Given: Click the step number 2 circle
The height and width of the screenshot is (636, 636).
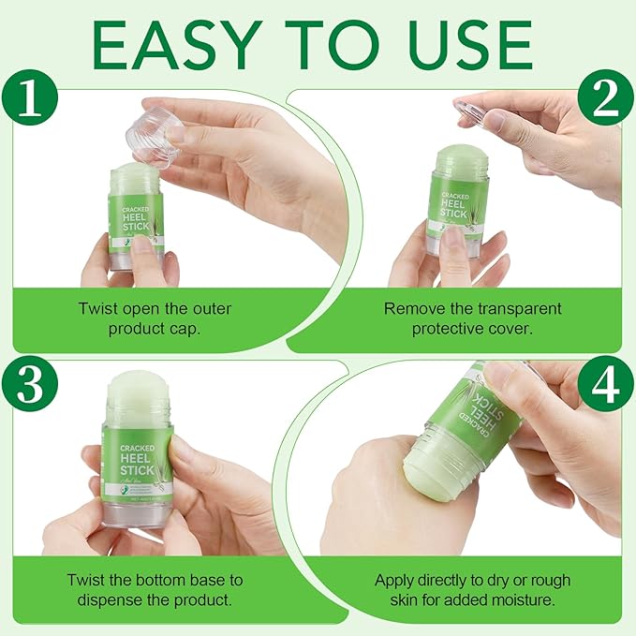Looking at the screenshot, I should point(604,97).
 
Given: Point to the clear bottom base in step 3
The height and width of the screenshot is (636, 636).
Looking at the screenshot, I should point(137,510).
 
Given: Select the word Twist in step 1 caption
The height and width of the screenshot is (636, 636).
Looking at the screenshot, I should point(100,309).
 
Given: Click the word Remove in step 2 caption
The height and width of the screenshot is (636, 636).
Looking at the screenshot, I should point(411,309).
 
